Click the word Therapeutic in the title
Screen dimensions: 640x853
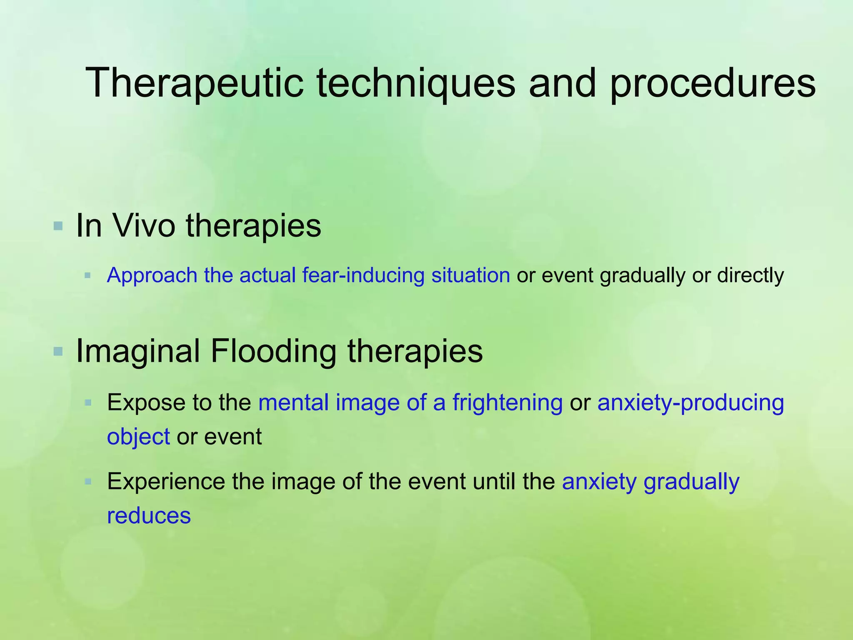point(194,83)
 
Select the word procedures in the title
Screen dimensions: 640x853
point(712,83)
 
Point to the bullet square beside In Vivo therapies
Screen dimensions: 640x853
point(58,227)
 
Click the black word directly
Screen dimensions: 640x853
point(750,275)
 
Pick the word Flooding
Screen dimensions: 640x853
point(273,351)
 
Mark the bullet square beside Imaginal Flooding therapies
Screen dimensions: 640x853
point(58,352)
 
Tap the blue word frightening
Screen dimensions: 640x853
point(507,402)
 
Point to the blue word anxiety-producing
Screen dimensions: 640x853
point(690,402)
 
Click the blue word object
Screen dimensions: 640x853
point(138,437)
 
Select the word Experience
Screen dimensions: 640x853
point(166,482)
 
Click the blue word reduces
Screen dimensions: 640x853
point(149,515)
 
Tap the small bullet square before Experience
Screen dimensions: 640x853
point(87,482)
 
